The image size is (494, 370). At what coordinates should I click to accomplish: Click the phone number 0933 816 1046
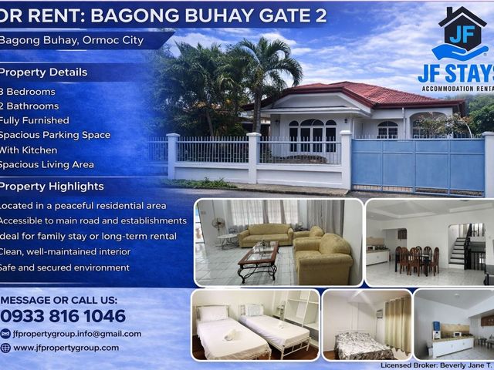point(63,316)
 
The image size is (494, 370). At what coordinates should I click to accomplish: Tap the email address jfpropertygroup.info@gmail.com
point(77,334)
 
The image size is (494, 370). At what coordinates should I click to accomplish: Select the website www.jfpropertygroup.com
point(66,348)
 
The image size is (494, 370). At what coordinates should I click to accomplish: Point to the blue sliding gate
point(418,166)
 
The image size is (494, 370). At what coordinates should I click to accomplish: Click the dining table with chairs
point(417,260)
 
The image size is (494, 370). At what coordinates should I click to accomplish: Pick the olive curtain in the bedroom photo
point(398,325)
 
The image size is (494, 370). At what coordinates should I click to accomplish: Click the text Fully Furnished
point(34,120)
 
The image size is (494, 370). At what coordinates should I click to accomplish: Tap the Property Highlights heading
point(52,187)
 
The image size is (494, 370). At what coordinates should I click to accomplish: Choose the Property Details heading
point(43,72)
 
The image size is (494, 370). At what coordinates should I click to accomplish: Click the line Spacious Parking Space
point(55,136)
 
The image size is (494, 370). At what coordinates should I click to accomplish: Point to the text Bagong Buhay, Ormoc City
point(72,40)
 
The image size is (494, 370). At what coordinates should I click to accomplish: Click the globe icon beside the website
point(5,348)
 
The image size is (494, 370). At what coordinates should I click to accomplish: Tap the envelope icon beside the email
point(5,334)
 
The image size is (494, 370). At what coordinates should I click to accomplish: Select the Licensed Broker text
point(437,365)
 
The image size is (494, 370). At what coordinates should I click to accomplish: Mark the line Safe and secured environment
point(65,267)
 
